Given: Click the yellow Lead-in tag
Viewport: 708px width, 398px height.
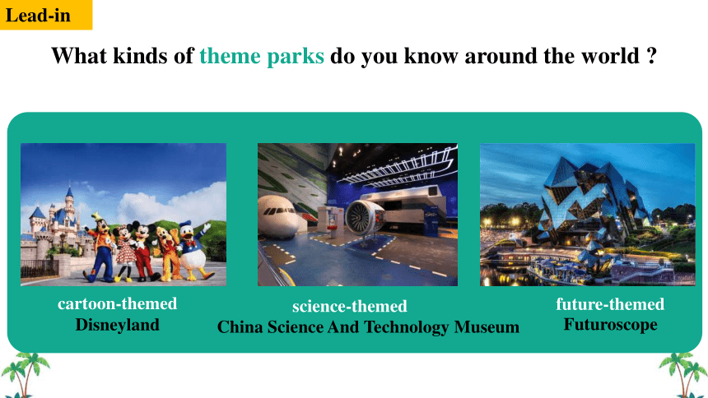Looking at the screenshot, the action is point(45,15).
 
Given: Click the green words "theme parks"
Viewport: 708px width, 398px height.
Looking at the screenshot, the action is point(262,57).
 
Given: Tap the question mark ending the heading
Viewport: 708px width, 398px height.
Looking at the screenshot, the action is point(651,56).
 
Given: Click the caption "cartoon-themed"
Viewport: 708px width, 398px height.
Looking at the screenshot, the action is point(118,303).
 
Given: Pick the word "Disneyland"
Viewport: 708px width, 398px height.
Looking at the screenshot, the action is point(118,325).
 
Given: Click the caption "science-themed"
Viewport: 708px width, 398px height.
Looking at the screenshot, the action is point(350,307).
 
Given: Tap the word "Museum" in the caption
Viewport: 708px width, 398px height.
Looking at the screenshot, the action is point(487,326).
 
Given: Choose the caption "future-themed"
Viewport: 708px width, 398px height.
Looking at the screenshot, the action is point(610,304).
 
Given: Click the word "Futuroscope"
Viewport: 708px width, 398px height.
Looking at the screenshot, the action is point(611,325).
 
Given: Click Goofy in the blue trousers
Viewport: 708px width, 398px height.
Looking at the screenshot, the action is point(100,248).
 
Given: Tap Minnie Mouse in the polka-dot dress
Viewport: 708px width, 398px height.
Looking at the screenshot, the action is point(123,253).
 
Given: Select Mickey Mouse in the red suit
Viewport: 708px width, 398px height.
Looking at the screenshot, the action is point(144,252).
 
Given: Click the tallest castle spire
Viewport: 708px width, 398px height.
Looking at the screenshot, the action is point(69,203).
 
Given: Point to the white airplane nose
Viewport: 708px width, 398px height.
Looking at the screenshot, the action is point(278,215).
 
